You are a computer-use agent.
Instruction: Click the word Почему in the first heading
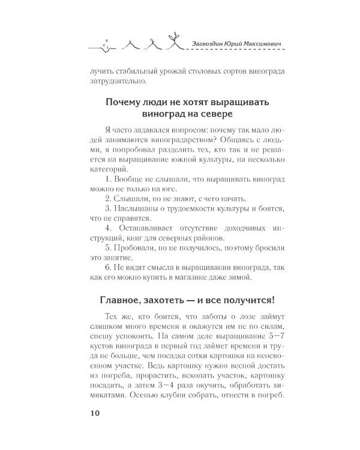[x=123, y=100]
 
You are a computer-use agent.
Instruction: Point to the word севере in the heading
[x=214, y=113]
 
